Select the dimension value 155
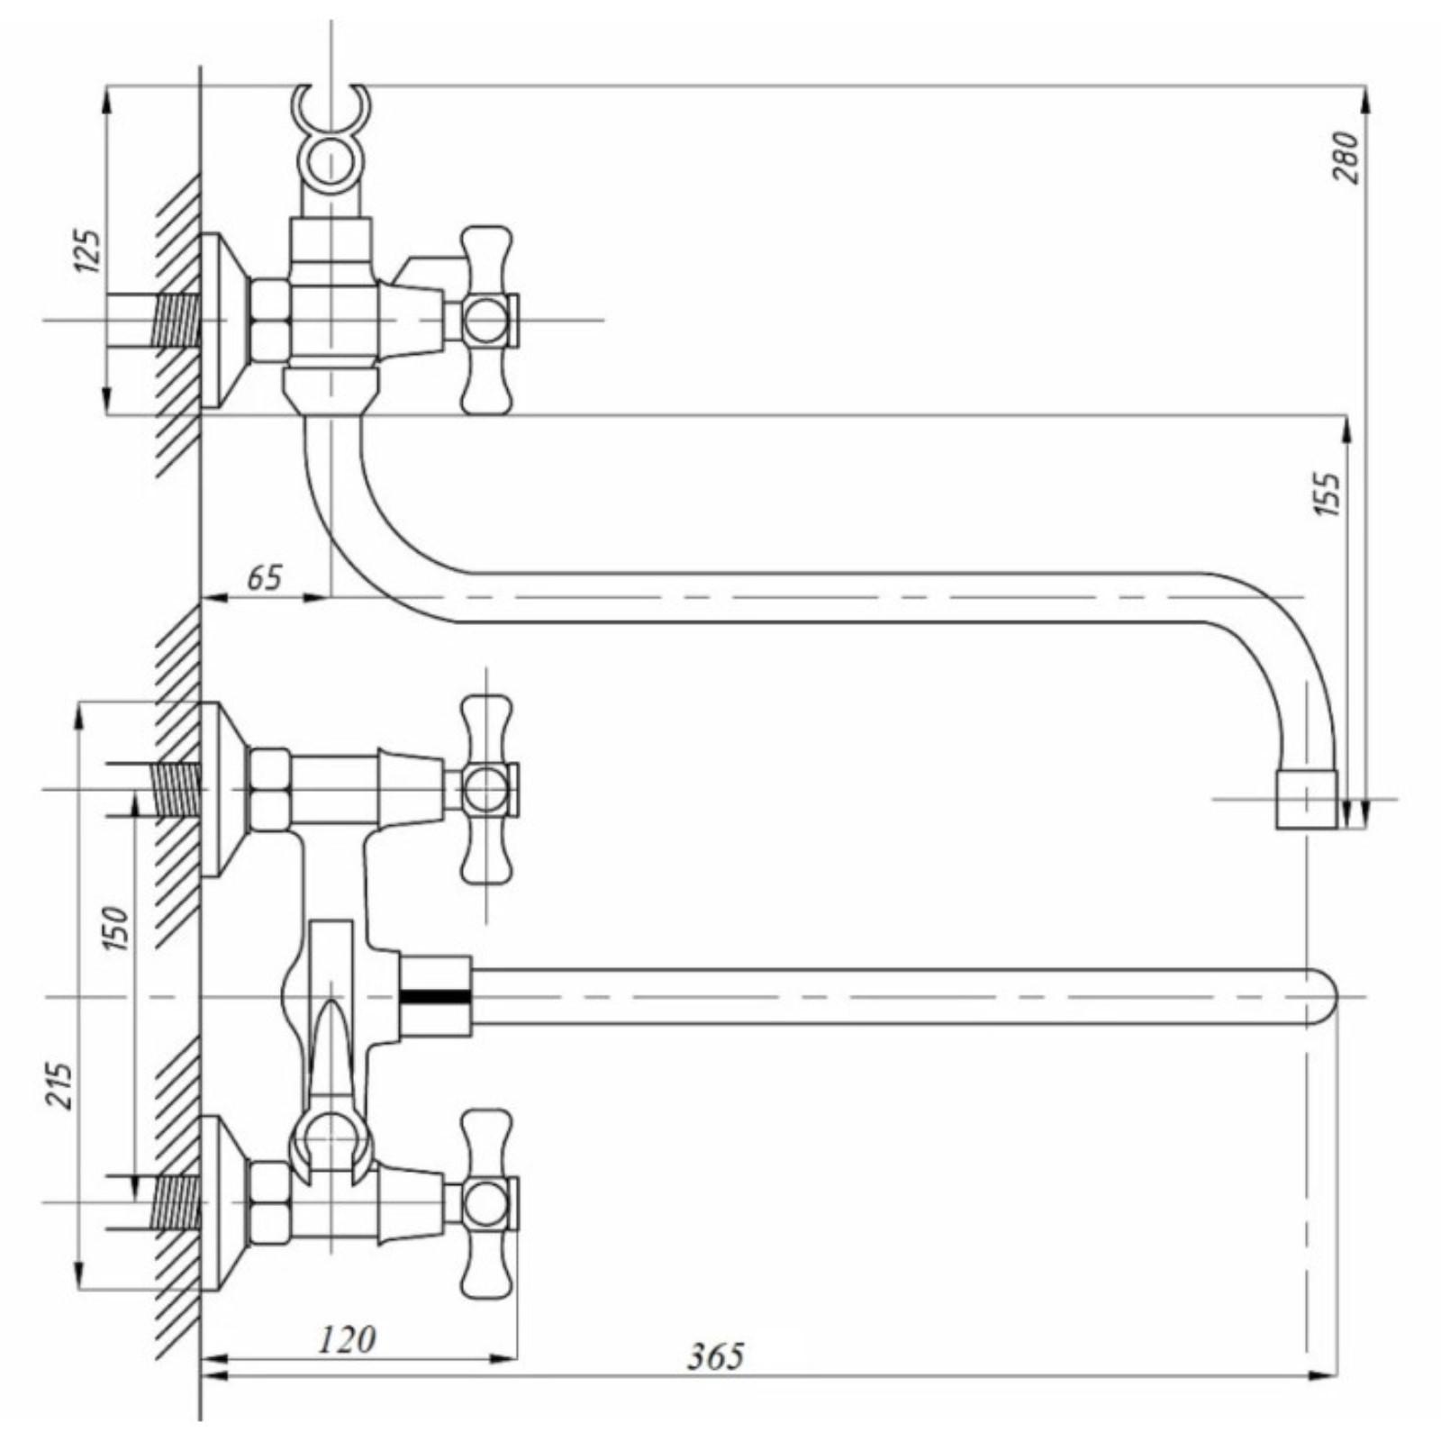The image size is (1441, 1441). [1328, 494]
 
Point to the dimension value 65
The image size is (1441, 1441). [264, 577]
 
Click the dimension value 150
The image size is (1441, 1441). [117, 929]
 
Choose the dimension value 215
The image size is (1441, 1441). [59, 1086]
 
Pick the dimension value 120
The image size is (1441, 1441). [347, 1339]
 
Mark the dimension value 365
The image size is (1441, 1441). [716, 1381]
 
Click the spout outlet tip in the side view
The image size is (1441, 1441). [1306, 801]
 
